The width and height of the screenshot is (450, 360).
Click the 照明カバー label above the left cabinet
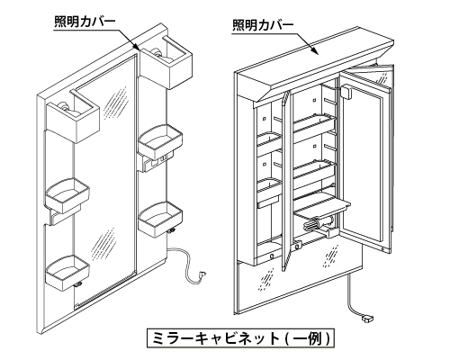click(85, 22)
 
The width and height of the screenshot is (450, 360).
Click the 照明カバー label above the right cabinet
click(263, 25)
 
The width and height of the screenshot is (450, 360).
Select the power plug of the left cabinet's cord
click(203, 274)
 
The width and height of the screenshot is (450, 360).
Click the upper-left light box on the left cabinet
click(73, 117)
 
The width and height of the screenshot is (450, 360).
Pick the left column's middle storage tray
click(67, 195)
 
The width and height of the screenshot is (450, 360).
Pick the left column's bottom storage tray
click(67, 273)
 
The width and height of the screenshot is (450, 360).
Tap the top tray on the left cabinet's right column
click(160, 142)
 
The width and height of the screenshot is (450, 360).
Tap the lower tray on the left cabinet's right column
click(160, 219)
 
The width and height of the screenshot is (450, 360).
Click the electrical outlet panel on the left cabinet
click(158, 163)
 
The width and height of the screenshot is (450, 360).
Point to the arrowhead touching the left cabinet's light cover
click(137, 47)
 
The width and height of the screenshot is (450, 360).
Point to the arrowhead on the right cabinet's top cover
click(315, 50)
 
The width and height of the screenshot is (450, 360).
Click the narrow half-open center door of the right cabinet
click(286, 181)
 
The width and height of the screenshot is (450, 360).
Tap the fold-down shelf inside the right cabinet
click(321, 207)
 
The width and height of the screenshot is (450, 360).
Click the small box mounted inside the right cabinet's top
click(346, 92)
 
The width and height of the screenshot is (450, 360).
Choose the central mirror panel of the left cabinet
click(106, 180)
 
